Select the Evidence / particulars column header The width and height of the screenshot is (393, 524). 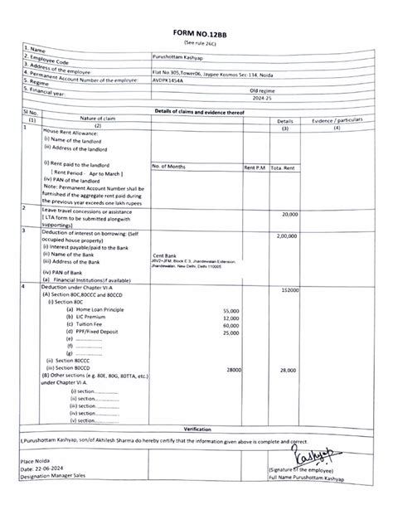336,119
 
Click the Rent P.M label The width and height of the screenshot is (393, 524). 255,167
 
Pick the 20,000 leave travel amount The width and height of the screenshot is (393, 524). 289,213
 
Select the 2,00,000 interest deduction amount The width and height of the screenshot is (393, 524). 286,235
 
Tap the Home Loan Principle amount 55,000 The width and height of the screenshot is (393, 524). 231,310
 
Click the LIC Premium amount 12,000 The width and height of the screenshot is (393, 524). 231,318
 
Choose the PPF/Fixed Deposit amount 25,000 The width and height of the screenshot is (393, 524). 231,332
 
